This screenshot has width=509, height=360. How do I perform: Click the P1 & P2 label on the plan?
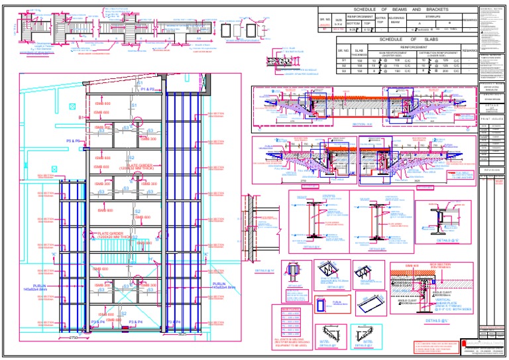pyautogui.click(x=147, y=89)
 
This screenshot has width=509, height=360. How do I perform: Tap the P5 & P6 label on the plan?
pyautogui.click(x=74, y=141)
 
